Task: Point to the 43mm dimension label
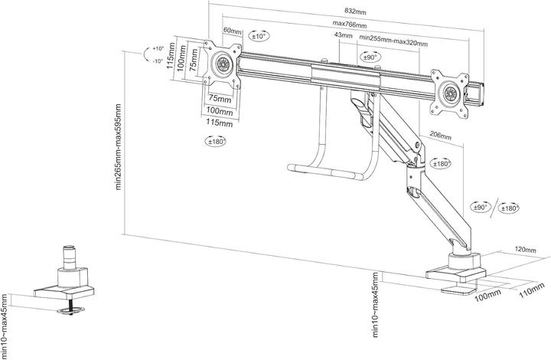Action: click(x=344, y=36)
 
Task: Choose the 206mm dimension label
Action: click(x=440, y=135)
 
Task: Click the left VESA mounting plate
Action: click(x=223, y=63)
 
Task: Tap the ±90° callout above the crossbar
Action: click(x=370, y=57)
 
